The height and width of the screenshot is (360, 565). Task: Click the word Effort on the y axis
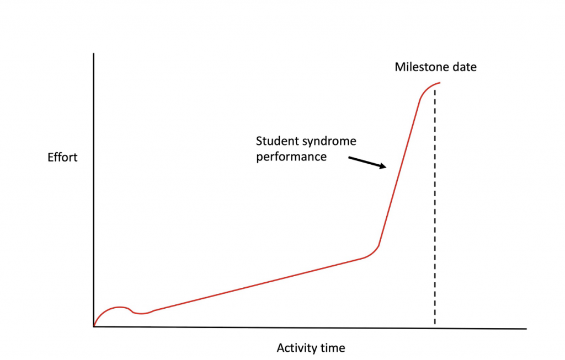point(62,158)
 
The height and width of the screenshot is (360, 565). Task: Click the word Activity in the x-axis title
point(295,348)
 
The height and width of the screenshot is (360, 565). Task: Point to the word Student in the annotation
point(274,142)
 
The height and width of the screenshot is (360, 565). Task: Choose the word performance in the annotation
point(291,157)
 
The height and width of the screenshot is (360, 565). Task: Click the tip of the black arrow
point(387,168)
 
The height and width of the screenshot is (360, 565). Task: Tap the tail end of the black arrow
point(349,158)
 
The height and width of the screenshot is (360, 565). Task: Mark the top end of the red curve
point(440,83)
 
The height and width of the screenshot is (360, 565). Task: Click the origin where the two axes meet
point(94,326)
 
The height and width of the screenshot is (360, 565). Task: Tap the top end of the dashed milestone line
point(435,90)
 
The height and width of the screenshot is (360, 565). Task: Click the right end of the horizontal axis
point(526,329)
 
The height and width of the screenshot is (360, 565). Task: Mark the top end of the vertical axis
point(94,53)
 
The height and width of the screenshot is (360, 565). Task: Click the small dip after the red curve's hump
point(141,314)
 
